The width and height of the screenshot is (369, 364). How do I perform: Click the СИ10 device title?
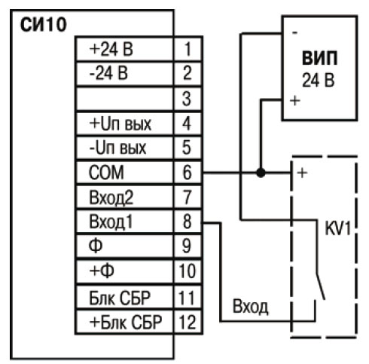tap(43, 25)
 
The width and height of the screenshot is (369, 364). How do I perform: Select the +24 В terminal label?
tap(111, 49)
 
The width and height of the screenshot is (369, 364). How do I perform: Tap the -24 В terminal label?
tap(108, 73)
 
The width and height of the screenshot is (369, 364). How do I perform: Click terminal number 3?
tap(187, 99)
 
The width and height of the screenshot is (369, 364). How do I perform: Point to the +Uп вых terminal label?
tap(120, 124)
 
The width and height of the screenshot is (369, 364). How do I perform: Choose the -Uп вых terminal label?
tap(117, 148)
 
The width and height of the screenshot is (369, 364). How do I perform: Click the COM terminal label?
tap(106, 173)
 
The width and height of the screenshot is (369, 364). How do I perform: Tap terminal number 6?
tap(188, 173)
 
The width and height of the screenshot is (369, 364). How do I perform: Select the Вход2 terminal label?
tap(111, 197)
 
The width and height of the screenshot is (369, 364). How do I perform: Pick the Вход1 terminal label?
tap(111, 222)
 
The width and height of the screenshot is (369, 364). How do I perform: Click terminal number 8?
tap(188, 222)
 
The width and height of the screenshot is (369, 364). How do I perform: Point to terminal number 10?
tap(187, 271)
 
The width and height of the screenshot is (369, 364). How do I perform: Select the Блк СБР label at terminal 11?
tap(120, 298)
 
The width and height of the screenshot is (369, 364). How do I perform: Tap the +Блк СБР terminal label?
tap(126, 323)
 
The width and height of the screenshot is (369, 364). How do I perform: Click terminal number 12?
tap(187, 323)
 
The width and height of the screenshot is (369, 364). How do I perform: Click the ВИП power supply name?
tap(319, 58)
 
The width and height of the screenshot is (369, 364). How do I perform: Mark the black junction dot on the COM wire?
tap(261, 173)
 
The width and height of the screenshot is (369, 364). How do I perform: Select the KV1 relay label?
tap(337, 228)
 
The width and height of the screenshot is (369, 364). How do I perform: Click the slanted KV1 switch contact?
tap(321, 286)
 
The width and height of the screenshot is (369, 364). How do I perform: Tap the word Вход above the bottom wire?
tap(250, 306)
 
